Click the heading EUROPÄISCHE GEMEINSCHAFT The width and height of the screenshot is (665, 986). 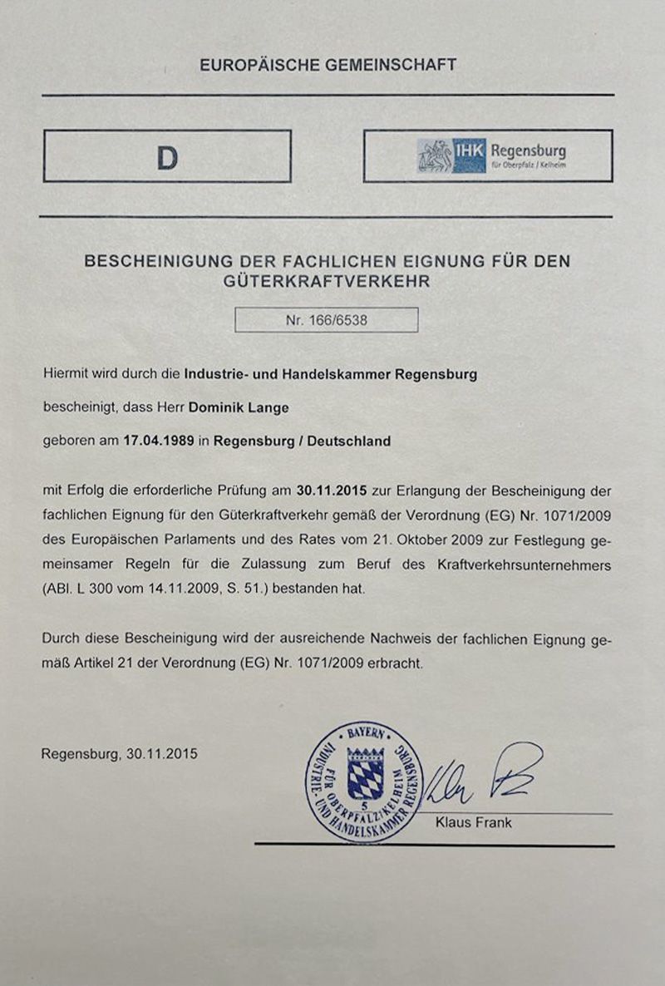pyautogui.click(x=328, y=65)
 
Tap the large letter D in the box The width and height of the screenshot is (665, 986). pyautogui.click(x=167, y=157)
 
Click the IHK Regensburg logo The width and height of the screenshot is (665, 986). pyautogui.click(x=491, y=155)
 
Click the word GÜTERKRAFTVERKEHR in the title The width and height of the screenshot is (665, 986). pyautogui.click(x=328, y=282)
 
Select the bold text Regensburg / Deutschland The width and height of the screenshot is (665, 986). pyautogui.click(x=302, y=441)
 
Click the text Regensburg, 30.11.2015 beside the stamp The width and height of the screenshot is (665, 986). pyautogui.click(x=120, y=755)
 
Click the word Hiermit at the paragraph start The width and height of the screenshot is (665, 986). pyautogui.click(x=66, y=374)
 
